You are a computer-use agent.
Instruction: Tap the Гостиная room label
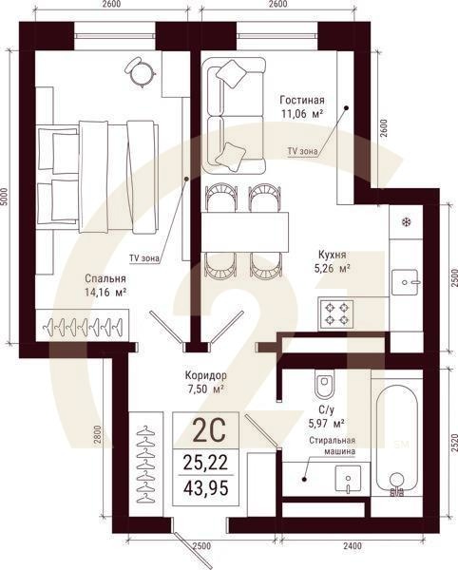302,100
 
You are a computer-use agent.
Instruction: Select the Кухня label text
332,255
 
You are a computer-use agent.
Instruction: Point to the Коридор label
206,375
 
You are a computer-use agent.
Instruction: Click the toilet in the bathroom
324,384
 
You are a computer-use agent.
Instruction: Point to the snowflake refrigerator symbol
406,222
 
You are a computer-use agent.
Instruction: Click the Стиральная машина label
332,446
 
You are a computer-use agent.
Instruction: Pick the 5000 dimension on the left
7,199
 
